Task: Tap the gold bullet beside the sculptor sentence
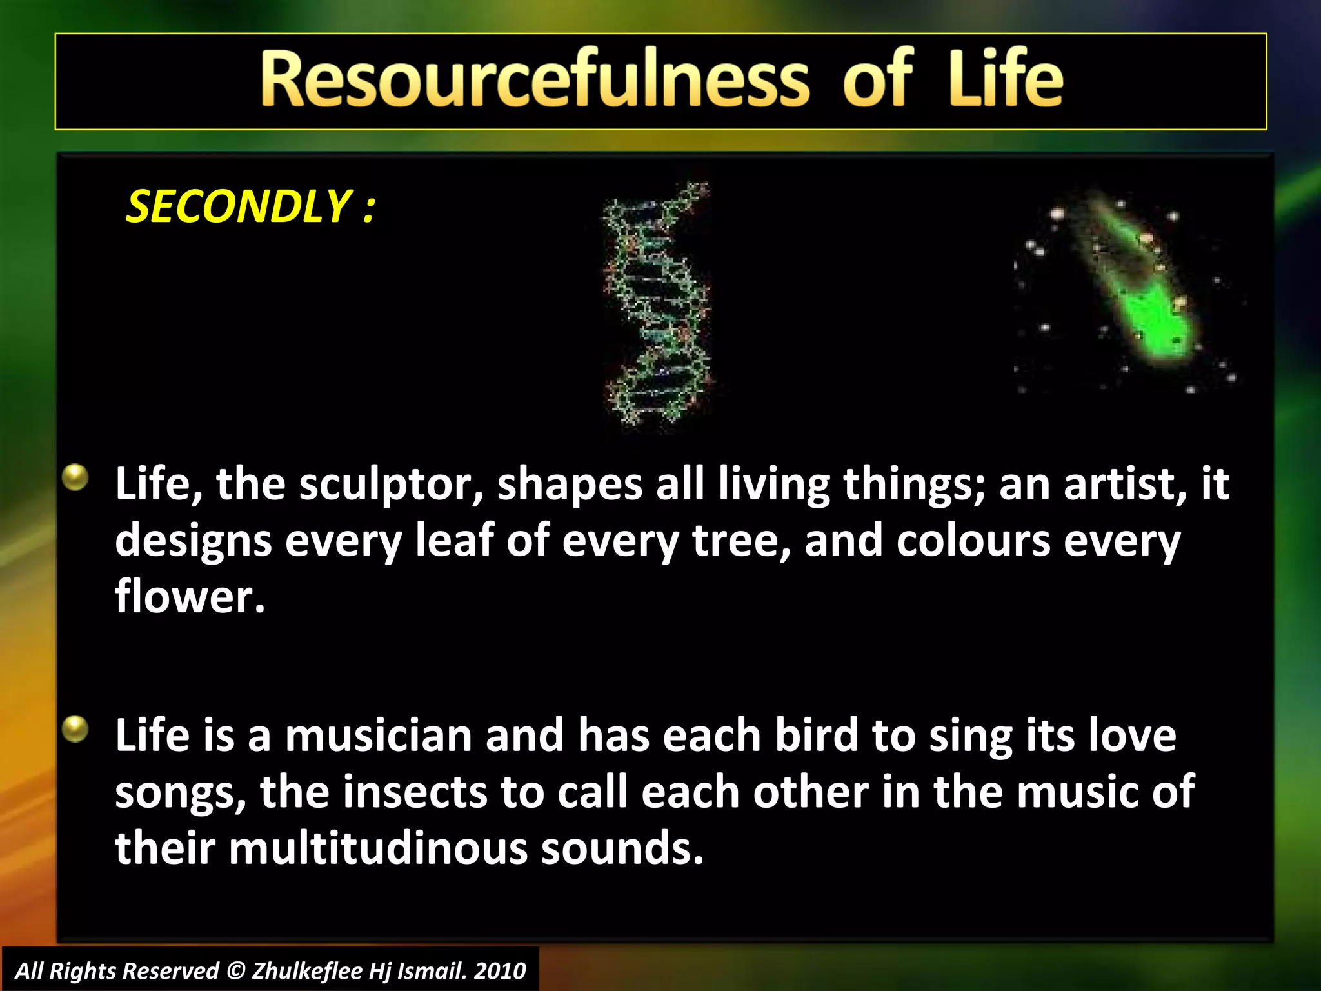(75, 477)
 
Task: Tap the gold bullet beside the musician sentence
(75, 729)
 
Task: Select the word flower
(190, 597)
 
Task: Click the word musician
(379, 736)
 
